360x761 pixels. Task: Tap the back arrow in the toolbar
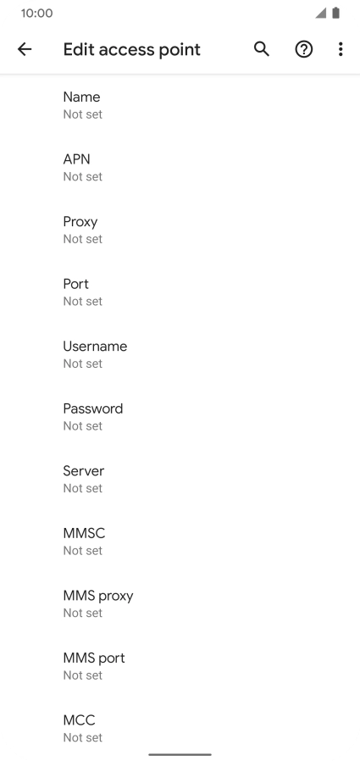25,49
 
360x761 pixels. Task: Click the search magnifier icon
262,49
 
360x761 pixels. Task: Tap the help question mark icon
304,49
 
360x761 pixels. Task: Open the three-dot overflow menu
341,49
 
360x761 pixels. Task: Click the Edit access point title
131,49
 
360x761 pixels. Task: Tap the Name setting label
81,97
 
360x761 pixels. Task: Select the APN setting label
76,159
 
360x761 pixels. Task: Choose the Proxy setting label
80,222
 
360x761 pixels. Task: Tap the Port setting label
75,284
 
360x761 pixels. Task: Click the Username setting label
95,346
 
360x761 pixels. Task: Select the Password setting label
92,408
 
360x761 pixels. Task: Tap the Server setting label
84,471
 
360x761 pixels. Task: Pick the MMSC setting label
84,533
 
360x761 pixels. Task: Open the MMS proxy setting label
98,596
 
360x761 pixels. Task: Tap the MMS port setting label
94,658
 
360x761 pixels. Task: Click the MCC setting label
79,720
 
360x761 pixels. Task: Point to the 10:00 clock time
37,13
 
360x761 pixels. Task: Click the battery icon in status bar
335,13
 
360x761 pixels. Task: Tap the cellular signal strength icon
321,13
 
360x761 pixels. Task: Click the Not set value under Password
83,425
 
